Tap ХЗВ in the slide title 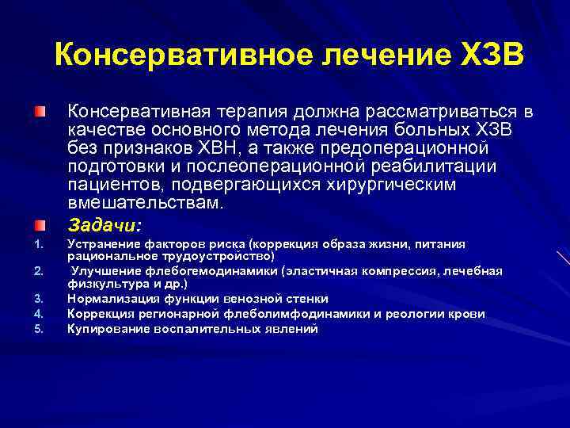click(490, 56)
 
